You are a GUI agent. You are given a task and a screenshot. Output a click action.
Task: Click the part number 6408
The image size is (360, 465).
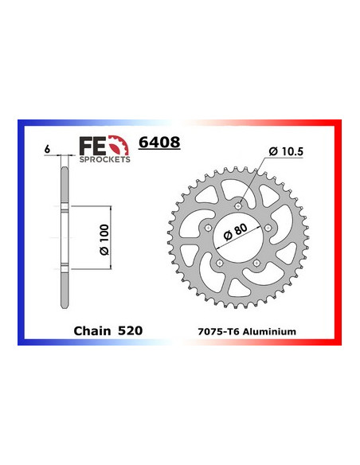[x=158, y=144]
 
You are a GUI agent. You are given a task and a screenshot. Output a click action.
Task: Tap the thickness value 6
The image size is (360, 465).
[x=49, y=150]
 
